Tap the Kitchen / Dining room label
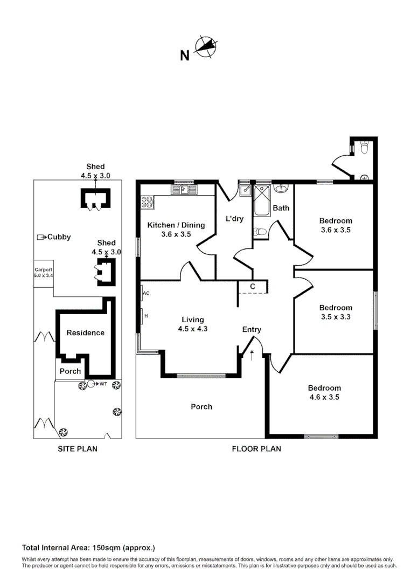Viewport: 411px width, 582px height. tap(176, 225)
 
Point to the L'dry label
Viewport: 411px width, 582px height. tap(234, 219)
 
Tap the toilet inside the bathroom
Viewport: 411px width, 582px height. tap(260, 232)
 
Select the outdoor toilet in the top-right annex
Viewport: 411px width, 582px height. tap(364, 147)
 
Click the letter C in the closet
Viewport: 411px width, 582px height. tap(252, 286)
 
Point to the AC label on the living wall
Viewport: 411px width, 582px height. tap(146, 294)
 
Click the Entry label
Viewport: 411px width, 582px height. tap(252, 330)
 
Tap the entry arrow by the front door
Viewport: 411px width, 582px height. tap(252, 354)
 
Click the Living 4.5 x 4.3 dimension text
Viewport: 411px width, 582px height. tap(192, 329)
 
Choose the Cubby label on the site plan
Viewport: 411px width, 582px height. tap(59, 237)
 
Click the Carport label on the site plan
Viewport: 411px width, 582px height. tap(44, 270)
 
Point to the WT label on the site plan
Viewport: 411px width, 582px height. tap(103, 384)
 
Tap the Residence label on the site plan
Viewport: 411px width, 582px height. tap(85, 333)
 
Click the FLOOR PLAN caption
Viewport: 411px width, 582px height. tap(256, 448)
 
